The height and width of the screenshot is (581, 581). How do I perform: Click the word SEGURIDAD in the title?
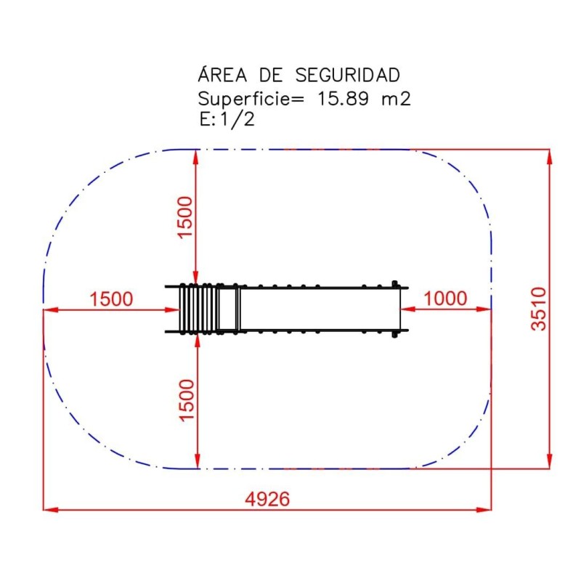[348, 76]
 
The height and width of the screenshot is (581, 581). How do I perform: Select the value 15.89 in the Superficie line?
[343, 99]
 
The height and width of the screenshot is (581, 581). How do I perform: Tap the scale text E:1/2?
[227, 119]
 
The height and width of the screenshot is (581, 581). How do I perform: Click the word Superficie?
[251, 99]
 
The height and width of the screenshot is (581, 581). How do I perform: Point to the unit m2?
[396, 99]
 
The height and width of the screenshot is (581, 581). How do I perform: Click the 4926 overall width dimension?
[267, 499]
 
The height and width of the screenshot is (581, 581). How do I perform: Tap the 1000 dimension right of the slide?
[445, 298]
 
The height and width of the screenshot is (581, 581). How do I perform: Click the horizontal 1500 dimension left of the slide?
[111, 298]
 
